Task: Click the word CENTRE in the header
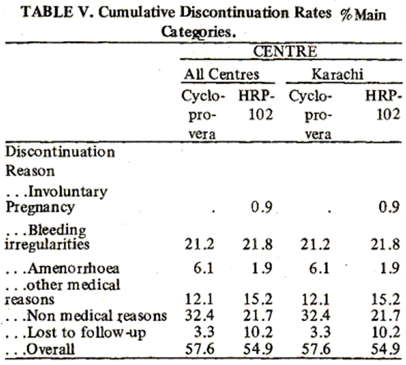point(285,51)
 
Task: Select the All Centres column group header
point(221,74)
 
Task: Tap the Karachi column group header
point(337,74)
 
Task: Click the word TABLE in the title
point(47,12)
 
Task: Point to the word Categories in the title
point(199,32)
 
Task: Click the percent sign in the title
point(346,15)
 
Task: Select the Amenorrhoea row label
point(62,268)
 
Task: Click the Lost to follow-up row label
point(76,332)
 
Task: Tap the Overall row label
point(40,349)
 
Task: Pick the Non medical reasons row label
point(86,316)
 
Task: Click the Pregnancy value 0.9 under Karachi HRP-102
point(389,207)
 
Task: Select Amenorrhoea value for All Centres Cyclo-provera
point(204,268)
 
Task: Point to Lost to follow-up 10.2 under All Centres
point(258,332)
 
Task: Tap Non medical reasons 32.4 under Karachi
point(316,316)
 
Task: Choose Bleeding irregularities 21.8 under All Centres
point(257,244)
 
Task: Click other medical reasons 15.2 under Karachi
point(386,299)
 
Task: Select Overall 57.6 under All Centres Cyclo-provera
point(200,349)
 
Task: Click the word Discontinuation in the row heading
point(60,152)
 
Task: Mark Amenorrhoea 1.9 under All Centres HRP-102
point(262,268)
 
